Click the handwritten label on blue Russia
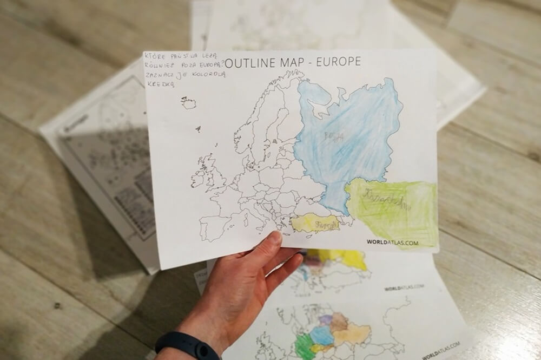pos(333,137)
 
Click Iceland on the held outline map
pos(189,102)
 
